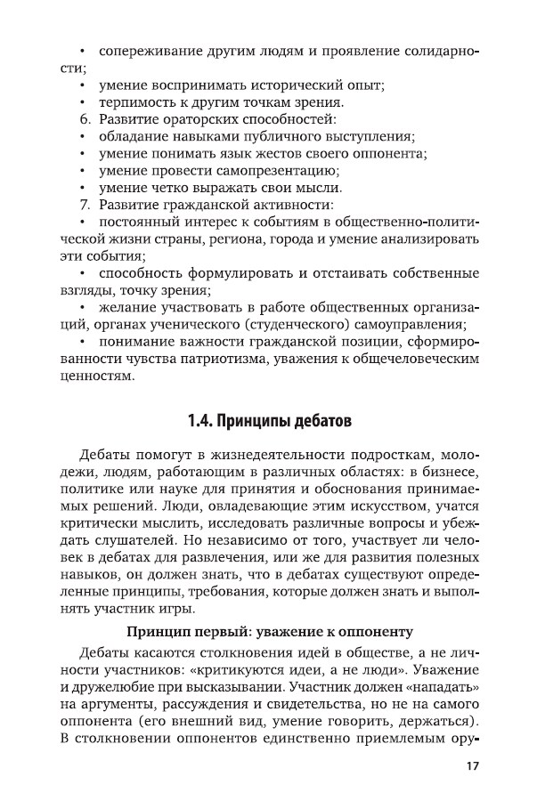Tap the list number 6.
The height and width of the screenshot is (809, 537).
pyautogui.click(x=86, y=119)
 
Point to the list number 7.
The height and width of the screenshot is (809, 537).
pyautogui.click(x=86, y=205)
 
